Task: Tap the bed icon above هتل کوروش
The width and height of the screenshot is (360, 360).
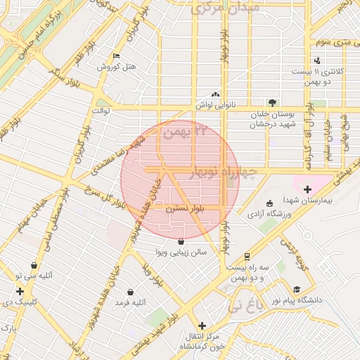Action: [116, 56]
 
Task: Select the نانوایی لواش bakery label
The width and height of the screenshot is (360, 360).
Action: [215, 105]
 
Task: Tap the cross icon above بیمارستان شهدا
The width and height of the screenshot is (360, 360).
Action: [307, 188]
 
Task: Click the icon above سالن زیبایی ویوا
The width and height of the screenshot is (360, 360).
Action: [182, 241]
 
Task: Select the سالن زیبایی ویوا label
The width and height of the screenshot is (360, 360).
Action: [181, 252]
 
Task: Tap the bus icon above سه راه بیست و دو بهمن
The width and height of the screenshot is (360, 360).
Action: [247, 257]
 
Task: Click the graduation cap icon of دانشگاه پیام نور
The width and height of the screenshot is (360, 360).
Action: [297, 289]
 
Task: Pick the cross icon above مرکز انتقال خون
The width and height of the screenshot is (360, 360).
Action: [202, 326]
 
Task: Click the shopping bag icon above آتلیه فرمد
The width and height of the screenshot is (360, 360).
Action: [130, 292]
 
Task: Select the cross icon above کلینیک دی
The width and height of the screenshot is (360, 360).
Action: [20, 291]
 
